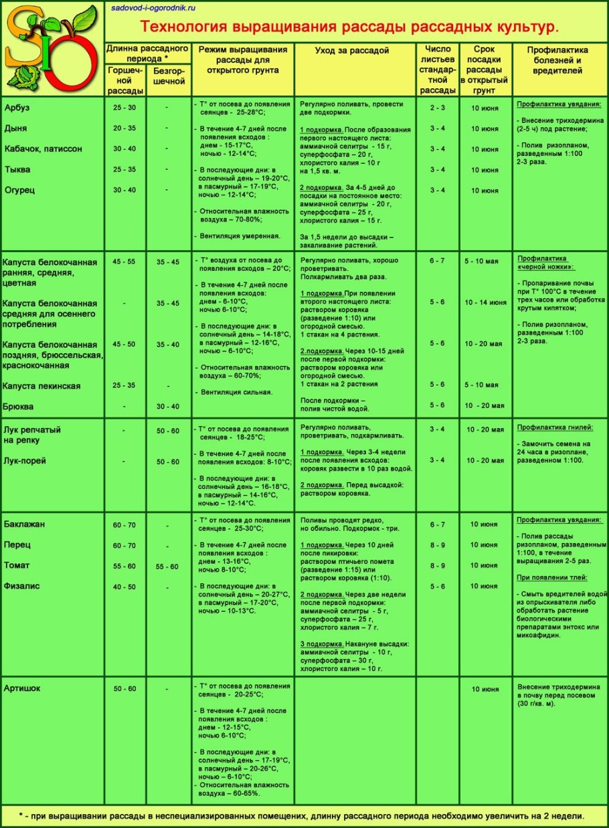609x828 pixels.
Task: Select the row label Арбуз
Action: (17, 107)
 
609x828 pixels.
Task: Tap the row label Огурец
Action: (19, 190)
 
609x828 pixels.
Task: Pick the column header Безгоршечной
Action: (169, 76)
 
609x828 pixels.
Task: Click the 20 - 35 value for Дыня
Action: (124, 128)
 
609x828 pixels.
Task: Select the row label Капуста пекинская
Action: (41, 386)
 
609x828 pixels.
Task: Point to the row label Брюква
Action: (19, 406)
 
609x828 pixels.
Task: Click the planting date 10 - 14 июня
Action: (485, 302)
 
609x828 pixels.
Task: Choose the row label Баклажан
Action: (25, 524)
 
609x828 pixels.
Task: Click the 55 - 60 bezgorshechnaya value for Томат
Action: (167, 566)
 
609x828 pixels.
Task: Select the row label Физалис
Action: (22, 585)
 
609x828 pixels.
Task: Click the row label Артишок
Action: (23, 688)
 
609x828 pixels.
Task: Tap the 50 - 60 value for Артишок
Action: (124, 688)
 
